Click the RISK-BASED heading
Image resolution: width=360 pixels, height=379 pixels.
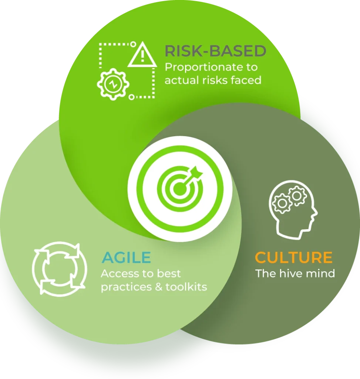tap(215, 51)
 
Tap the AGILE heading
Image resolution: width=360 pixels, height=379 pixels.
tap(127, 258)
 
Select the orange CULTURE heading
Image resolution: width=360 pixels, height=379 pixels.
tap(294, 258)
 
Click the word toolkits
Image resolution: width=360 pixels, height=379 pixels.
tap(186, 287)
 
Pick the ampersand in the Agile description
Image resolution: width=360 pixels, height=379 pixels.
tap(159, 287)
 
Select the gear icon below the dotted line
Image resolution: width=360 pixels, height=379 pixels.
tap(113, 84)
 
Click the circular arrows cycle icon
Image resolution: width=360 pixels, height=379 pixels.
tap(60, 269)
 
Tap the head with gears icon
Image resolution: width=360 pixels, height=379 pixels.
tap(293, 210)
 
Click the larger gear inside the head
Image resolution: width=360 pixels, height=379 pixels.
tap(281, 203)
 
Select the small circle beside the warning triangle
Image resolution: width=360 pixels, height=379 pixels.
tap(133, 44)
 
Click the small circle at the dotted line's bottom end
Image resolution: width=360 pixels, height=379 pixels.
tap(131, 97)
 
